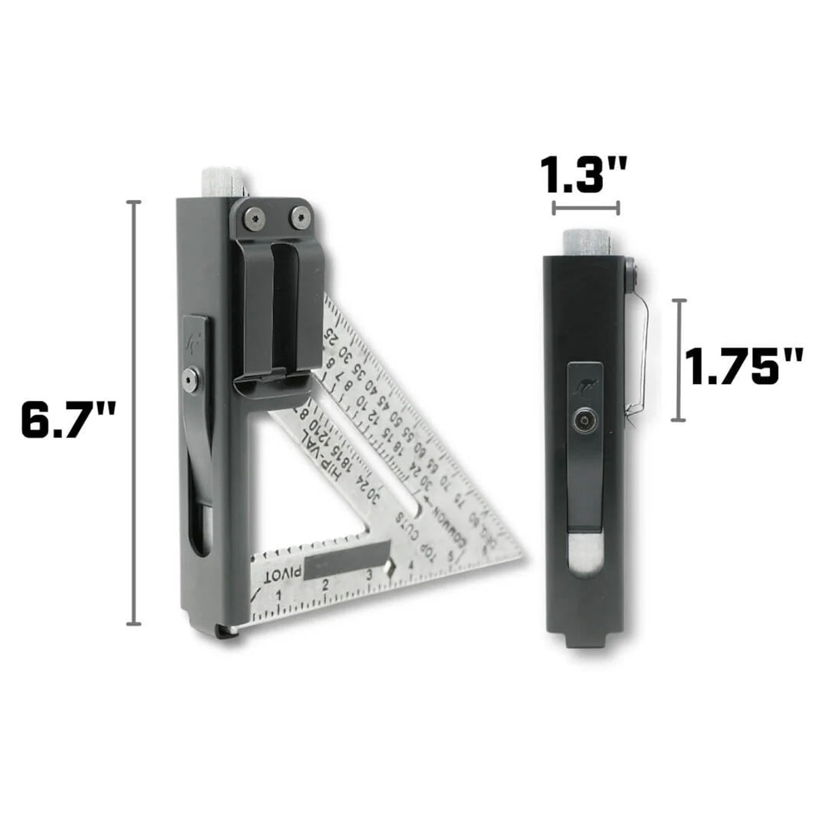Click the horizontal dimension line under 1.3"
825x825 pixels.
tap(586, 208)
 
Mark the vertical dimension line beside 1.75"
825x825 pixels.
tap(679, 359)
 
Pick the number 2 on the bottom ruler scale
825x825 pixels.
tap(325, 585)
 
